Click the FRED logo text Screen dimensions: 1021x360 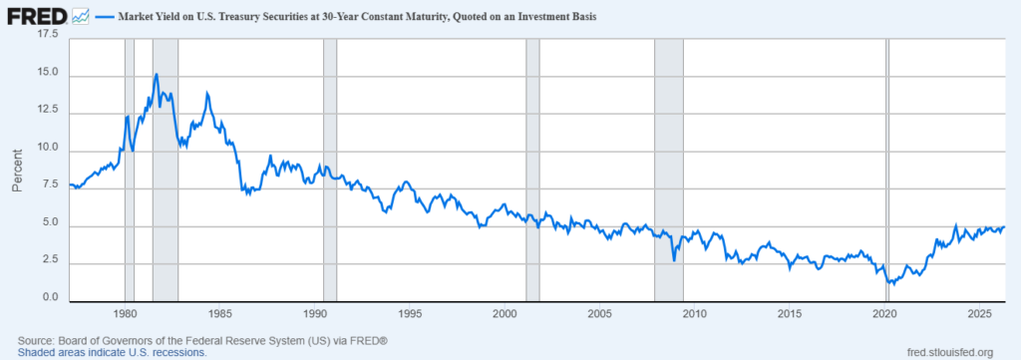[x=37, y=16]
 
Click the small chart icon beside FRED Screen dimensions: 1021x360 [x=81, y=16]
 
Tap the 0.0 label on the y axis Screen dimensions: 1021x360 [x=54, y=298]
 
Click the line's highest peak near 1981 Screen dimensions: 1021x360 [x=157, y=74]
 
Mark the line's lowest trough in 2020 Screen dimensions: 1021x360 [x=893, y=284]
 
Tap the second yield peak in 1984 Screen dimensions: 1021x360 [x=207, y=93]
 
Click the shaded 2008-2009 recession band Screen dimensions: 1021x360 [x=669, y=171]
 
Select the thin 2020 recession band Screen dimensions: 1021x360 [x=886, y=171]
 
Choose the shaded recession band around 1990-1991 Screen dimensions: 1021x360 [x=329, y=171]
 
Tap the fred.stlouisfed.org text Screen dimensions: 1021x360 [x=950, y=352]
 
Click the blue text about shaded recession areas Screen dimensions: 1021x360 [x=112, y=352]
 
